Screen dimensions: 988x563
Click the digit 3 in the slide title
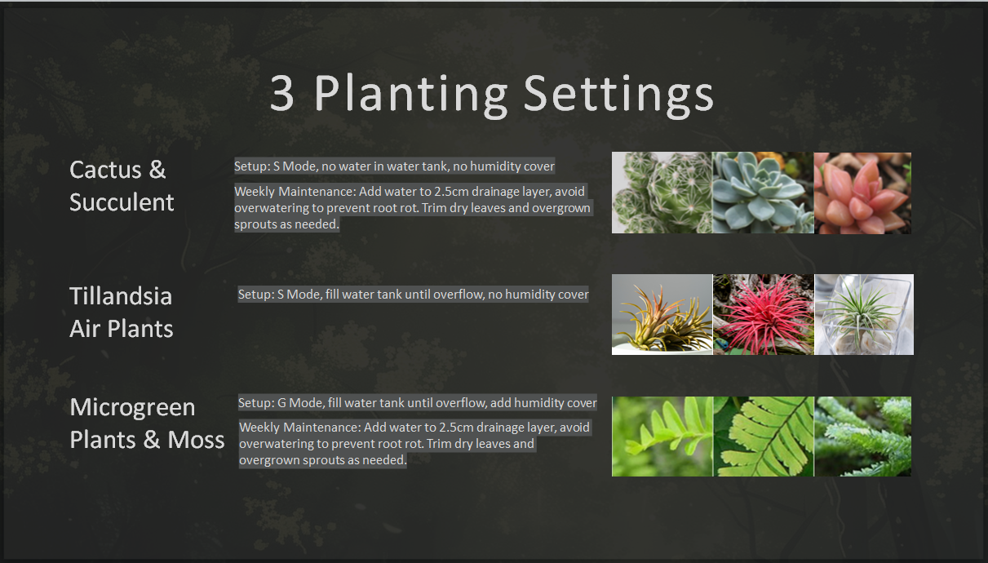281,94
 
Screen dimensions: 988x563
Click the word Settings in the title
618,95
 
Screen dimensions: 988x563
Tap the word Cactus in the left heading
105,170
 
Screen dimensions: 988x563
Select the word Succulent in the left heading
122,202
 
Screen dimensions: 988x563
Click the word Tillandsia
121,295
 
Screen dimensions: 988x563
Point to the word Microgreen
132,407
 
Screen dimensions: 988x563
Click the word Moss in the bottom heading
196,440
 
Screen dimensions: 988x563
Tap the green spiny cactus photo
662,193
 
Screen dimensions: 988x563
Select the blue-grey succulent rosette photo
763,193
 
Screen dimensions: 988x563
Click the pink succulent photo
862,193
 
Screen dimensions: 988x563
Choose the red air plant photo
764,315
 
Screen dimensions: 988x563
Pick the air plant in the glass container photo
864,315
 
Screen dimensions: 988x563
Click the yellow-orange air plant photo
662,315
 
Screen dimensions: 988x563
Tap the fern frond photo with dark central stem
764,437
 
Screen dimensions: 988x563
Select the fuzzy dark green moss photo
862,437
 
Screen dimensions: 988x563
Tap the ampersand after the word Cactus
157,170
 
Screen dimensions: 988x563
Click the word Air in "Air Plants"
85,329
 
